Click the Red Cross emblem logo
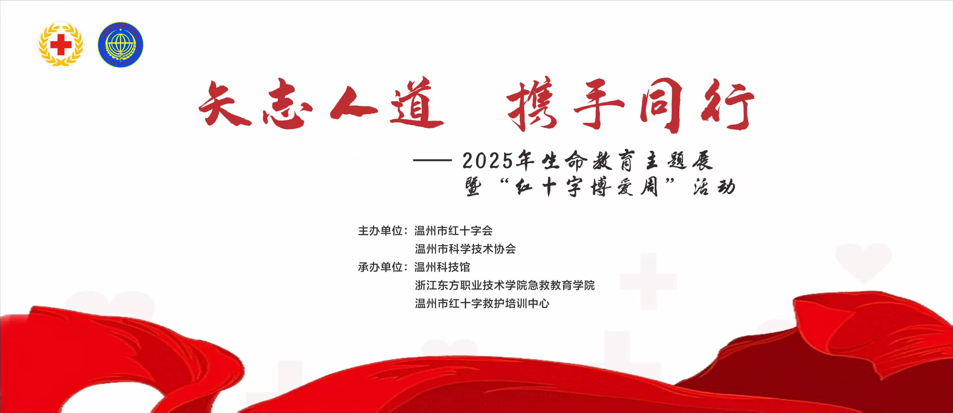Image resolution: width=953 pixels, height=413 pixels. coord(61,45)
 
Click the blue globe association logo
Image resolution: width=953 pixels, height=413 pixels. coord(121,45)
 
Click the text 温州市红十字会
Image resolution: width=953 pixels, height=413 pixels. coord(454,231)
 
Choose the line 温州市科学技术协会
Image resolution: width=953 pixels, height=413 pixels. coord(465,249)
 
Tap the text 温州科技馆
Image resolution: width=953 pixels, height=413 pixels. coord(443,267)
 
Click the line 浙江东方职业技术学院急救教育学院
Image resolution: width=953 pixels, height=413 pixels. coord(505,285)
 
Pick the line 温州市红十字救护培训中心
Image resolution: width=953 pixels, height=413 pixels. coord(482,303)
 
